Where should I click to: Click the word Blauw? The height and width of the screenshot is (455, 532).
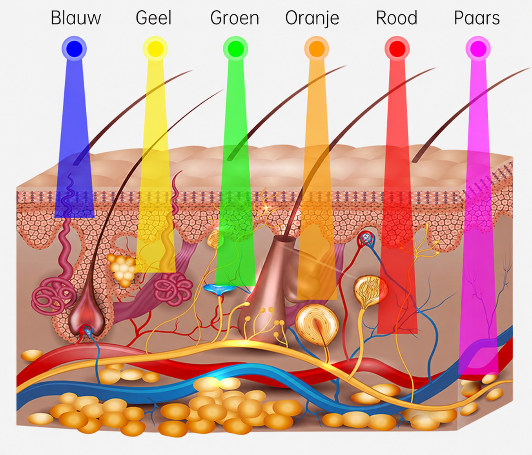point(76,18)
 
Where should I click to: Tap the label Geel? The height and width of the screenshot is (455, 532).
point(154,18)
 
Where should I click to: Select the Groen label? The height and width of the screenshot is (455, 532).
point(235,18)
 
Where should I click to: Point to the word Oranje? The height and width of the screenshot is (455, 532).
point(312,18)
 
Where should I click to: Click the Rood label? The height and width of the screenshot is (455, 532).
point(397,18)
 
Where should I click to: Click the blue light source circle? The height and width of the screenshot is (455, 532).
point(74,49)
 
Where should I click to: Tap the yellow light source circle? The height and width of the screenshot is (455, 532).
point(155,49)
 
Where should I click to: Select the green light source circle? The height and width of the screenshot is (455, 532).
point(235,49)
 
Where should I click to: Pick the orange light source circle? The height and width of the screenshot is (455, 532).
point(317,49)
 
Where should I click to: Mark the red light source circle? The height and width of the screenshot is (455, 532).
point(397,49)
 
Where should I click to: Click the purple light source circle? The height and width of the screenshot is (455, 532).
point(478,49)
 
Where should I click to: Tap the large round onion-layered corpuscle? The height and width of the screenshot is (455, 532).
point(317,325)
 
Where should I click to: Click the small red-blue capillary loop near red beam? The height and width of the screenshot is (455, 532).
point(366,239)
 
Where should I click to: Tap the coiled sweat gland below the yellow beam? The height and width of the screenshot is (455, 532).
point(173,289)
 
